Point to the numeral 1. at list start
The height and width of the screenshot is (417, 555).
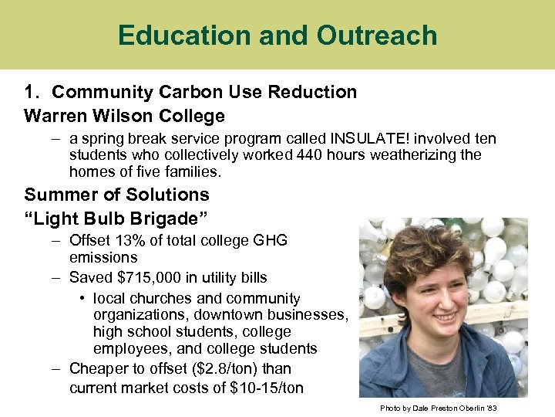(x=32, y=92)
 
